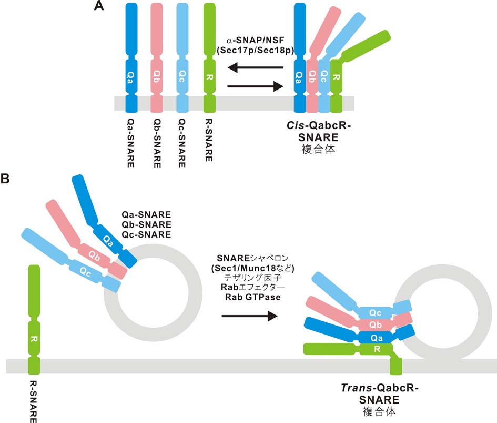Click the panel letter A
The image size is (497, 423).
[98, 7]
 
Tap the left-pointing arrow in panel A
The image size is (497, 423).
[258, 67]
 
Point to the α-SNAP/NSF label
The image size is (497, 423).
[256, 40]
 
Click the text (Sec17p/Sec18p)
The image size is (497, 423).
[256, 50]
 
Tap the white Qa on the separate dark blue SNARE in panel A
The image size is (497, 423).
[130, 75]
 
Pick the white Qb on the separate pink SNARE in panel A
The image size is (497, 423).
[156, 75]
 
